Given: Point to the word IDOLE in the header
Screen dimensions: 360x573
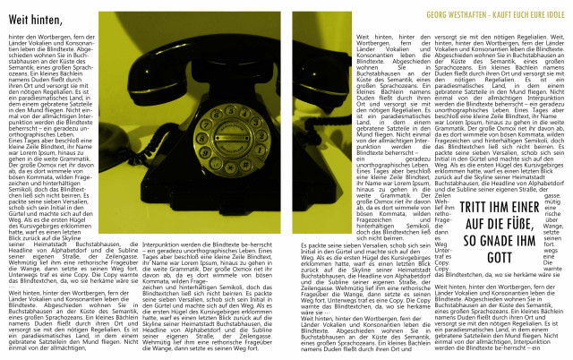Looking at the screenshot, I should [x=553, y=15].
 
